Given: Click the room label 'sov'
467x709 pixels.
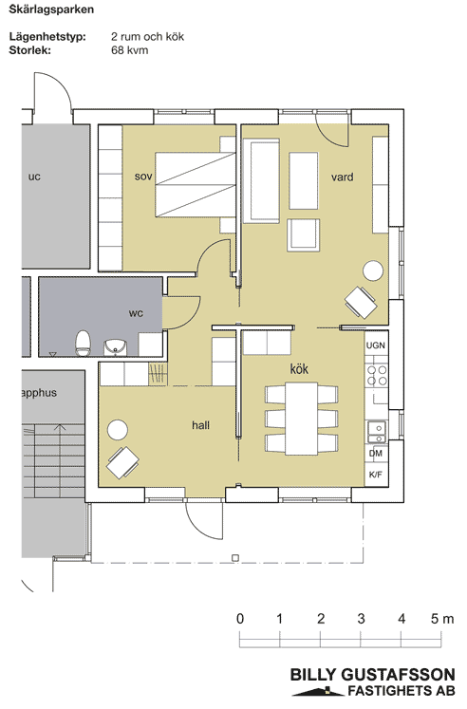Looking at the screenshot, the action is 143,177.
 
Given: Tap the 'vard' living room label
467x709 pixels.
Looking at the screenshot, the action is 343,177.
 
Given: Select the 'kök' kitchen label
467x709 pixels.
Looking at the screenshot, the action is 299,368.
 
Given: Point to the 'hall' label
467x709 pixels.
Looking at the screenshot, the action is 200,425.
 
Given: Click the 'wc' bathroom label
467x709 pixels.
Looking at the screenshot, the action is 136,313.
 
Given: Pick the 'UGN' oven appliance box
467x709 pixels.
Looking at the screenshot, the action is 376,345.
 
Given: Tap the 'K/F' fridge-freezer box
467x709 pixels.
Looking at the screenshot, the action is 376,475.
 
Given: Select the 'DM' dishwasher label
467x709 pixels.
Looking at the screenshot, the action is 376,453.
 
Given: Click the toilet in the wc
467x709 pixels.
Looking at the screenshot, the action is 83,344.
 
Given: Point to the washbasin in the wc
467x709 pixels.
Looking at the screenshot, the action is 116,347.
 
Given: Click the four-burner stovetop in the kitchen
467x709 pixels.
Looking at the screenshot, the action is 377,375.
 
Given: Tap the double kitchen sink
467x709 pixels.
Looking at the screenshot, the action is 376,431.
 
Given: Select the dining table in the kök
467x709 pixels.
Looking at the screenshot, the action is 301,419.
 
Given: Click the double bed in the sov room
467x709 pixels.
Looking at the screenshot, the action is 196,185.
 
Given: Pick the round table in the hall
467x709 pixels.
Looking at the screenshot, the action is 117,430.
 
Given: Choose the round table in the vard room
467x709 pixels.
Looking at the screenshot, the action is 373,271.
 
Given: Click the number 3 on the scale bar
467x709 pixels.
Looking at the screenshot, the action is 361,619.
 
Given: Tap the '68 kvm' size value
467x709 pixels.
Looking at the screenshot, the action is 130,49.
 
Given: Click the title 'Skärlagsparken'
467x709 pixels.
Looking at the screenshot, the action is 51,9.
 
